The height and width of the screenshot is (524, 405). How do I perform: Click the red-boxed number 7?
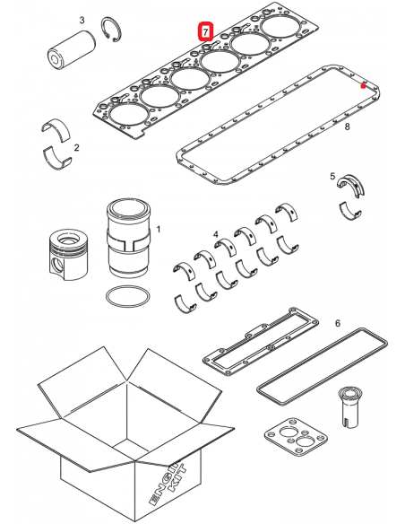pos(206,32)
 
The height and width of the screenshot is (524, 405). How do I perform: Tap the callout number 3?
pos(82,20)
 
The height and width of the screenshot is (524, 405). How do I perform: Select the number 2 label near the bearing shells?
pos(76,147)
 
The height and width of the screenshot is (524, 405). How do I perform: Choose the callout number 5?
pos(336,321)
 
